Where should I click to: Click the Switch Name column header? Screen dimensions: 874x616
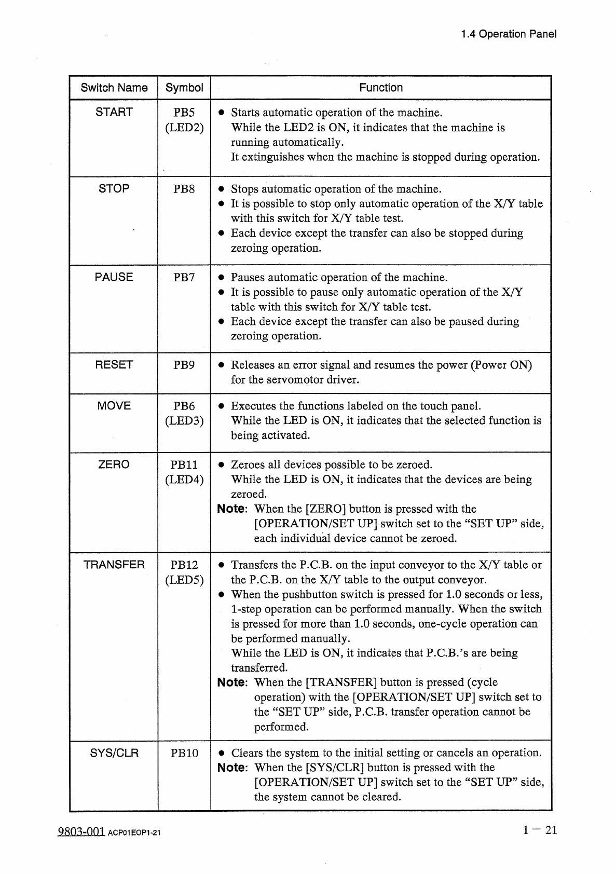click(114, 88)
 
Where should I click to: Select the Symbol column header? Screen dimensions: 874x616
click(184, 88)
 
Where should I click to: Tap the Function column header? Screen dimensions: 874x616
click(381, 88)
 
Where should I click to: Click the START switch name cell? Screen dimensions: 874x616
click(114, 112)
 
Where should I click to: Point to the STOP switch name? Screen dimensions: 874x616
click(114, 189)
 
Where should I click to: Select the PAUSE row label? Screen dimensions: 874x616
click(114, 277)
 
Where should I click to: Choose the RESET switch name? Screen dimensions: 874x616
click(114, 365)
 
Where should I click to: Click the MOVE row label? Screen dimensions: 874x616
click(114, 406)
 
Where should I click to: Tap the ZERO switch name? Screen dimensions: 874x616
click(114, 465)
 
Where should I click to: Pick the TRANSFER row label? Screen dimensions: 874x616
click(114, 565)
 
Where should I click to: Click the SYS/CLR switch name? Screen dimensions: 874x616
click(114, 753)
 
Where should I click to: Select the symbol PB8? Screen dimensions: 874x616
click(184, 189)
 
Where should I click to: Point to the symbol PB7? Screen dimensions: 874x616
click(184, 277)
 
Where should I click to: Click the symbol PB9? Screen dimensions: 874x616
click(184, 365)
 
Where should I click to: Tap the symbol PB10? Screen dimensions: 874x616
click(184, 753)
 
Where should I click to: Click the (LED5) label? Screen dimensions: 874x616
click(184, 580)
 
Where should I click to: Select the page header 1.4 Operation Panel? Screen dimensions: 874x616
click(509, 34)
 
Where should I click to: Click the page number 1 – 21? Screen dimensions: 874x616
click(540, 830)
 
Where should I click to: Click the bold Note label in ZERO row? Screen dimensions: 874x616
click(231, 509)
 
